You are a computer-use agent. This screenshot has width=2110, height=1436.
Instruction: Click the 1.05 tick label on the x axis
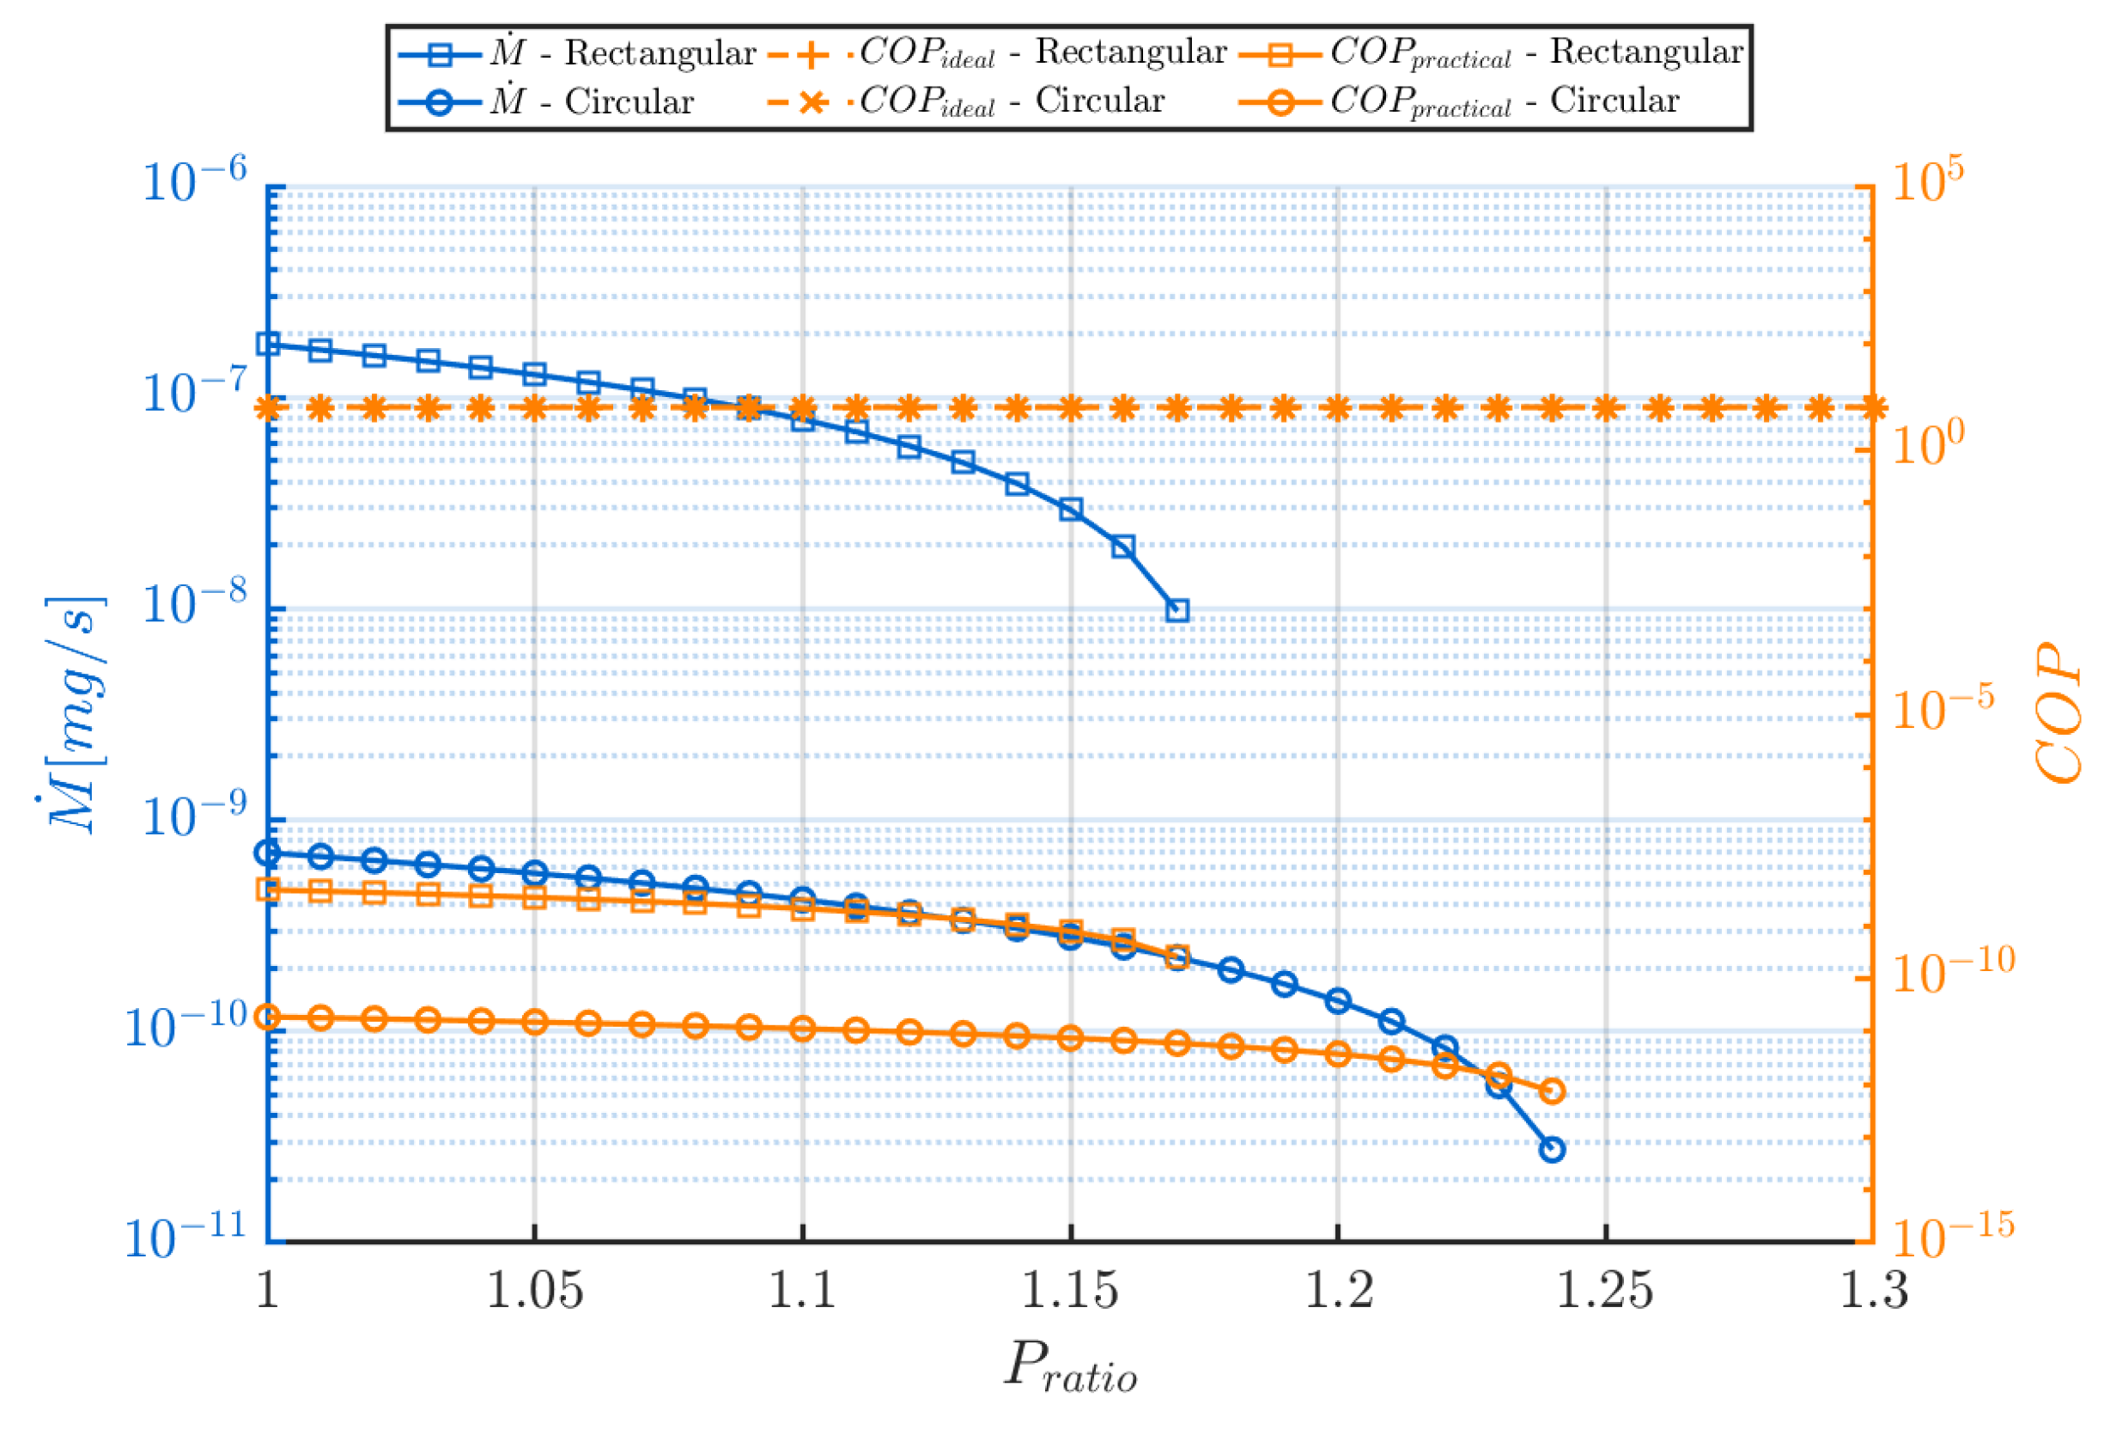coord(535,1291)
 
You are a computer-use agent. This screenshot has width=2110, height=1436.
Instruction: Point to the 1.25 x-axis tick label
coord(1604,1291)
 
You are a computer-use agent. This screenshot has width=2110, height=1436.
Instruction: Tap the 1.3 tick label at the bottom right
coord(1873,1291)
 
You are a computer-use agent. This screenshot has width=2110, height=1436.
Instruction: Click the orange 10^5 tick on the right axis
coord(1926,180)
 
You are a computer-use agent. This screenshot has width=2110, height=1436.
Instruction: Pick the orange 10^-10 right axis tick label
coord(1952,970)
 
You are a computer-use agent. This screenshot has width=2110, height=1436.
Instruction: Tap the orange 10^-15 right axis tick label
coord(1952,1235)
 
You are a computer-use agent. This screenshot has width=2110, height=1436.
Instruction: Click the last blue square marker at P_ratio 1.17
coord(1177,610)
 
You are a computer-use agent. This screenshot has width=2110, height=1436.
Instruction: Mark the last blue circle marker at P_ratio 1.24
coord(1553,1149)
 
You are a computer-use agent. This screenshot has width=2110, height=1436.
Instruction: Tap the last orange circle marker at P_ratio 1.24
coord(1553,1091)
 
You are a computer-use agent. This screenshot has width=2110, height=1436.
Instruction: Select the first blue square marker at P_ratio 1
coord(268,344)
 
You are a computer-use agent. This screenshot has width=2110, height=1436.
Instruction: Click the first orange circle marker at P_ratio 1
coord(268,1017)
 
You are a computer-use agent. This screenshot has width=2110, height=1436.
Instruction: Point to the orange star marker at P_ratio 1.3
coord(1873,408)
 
